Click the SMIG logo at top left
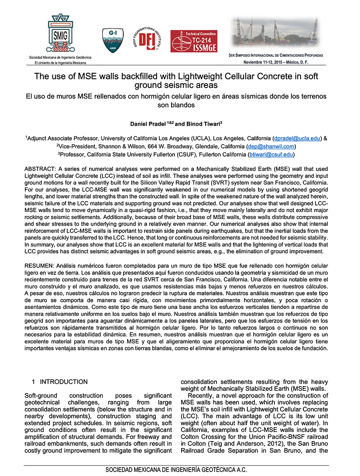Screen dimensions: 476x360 60,34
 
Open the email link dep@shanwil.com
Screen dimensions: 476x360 271,146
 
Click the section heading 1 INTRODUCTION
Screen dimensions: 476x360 60,382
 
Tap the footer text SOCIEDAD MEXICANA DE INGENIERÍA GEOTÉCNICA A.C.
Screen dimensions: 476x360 176,470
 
